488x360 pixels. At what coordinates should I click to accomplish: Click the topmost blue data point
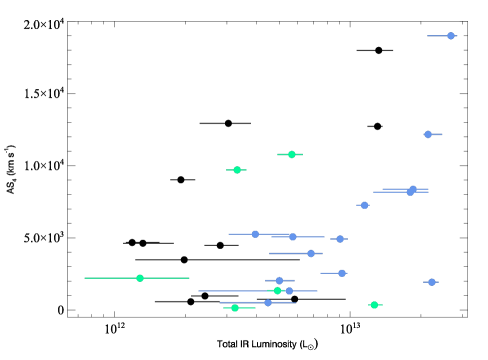pos(451,36)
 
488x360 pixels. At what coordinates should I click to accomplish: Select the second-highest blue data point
pos(428,134)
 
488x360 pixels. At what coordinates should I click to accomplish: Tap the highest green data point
pos(292,154)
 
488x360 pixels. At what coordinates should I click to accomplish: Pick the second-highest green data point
pos(237,170)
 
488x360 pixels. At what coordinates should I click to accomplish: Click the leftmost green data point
pos(140,278)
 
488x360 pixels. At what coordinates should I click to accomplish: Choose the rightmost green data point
pos(374,305)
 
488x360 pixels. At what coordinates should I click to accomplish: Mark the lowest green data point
pos(235,308)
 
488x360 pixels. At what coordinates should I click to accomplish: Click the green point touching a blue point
pos(278,291)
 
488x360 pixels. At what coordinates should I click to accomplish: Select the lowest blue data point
pos(268,302)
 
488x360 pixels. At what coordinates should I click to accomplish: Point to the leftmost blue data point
pos(255,234)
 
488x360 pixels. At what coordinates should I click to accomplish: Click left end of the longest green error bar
pos(85,278)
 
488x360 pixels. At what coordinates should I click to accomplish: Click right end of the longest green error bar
pos(189,278)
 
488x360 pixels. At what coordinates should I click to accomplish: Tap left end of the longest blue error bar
pos(198,291)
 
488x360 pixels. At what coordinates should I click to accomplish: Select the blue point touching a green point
pos(289,291)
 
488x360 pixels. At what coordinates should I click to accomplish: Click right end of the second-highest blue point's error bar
pos(442,134)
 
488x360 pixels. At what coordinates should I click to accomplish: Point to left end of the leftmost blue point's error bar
pos(229,234)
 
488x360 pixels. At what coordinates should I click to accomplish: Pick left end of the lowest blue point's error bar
pos(220,302)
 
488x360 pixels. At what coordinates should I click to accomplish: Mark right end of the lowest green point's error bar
pos(255,308)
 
